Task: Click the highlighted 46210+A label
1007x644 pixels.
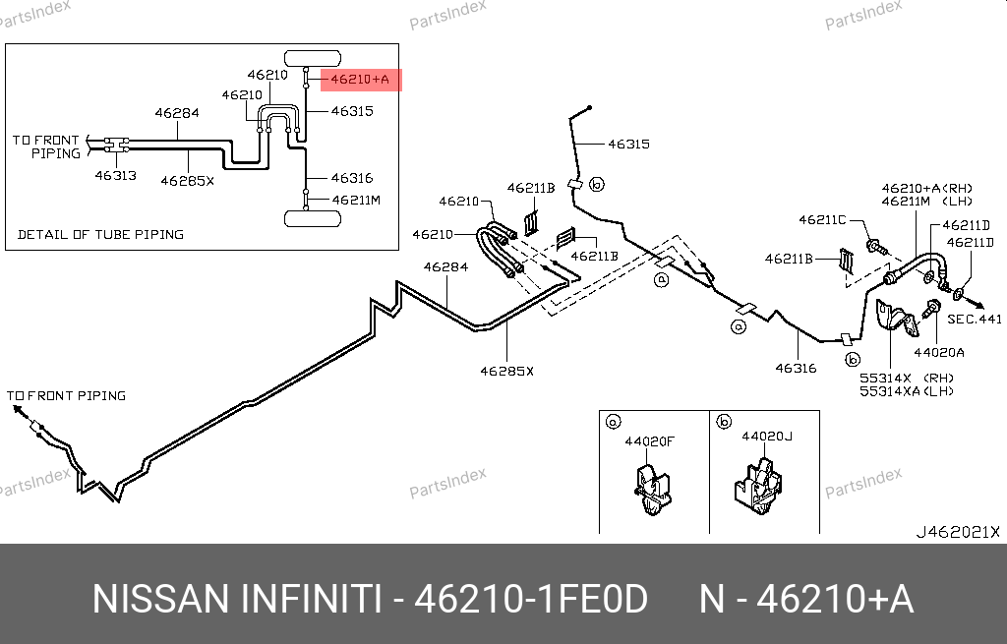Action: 360,80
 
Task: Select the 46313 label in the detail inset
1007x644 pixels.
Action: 115,176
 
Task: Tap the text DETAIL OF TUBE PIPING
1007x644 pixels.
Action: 100,234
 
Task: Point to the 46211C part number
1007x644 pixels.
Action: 822,220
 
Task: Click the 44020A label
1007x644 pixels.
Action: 938,351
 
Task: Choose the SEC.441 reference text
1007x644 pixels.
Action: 974,319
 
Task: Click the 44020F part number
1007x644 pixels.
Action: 650,441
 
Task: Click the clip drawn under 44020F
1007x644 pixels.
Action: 649,489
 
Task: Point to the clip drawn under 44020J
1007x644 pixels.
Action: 757,488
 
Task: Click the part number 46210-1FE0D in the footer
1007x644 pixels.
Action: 531,598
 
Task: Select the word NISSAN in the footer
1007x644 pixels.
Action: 156,598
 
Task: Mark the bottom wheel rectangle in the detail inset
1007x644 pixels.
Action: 306,217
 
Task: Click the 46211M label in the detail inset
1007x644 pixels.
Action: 355,200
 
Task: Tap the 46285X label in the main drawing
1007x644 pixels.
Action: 506,371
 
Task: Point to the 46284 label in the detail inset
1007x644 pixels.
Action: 177,113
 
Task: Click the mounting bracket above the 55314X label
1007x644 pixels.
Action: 894,317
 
